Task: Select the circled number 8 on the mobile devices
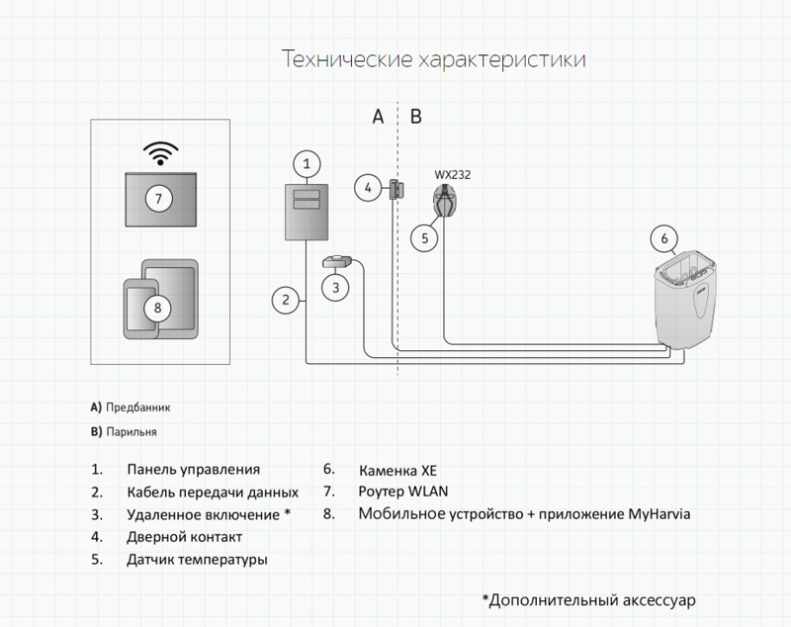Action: pyautogui.click(x=157, y=307)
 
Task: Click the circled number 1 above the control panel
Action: pyautogui.click(x=307, y=162)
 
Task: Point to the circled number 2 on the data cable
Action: pyautogui.click(x=285, y=299)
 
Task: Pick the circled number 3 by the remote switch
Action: pyautogui.click(x=335, y=288)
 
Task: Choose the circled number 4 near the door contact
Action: pyautogui.click(x=368, y=187)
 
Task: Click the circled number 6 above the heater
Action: pyautogui.click(x=664, y=238)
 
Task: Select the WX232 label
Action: pyautogui.click(x=452, y=175)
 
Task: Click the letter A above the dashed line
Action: pyautogui.click(x=378, y=117)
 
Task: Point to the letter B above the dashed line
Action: pyautogui.click(x=415, y=117)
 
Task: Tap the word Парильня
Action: pyautogui.click(x=132, y=432)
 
